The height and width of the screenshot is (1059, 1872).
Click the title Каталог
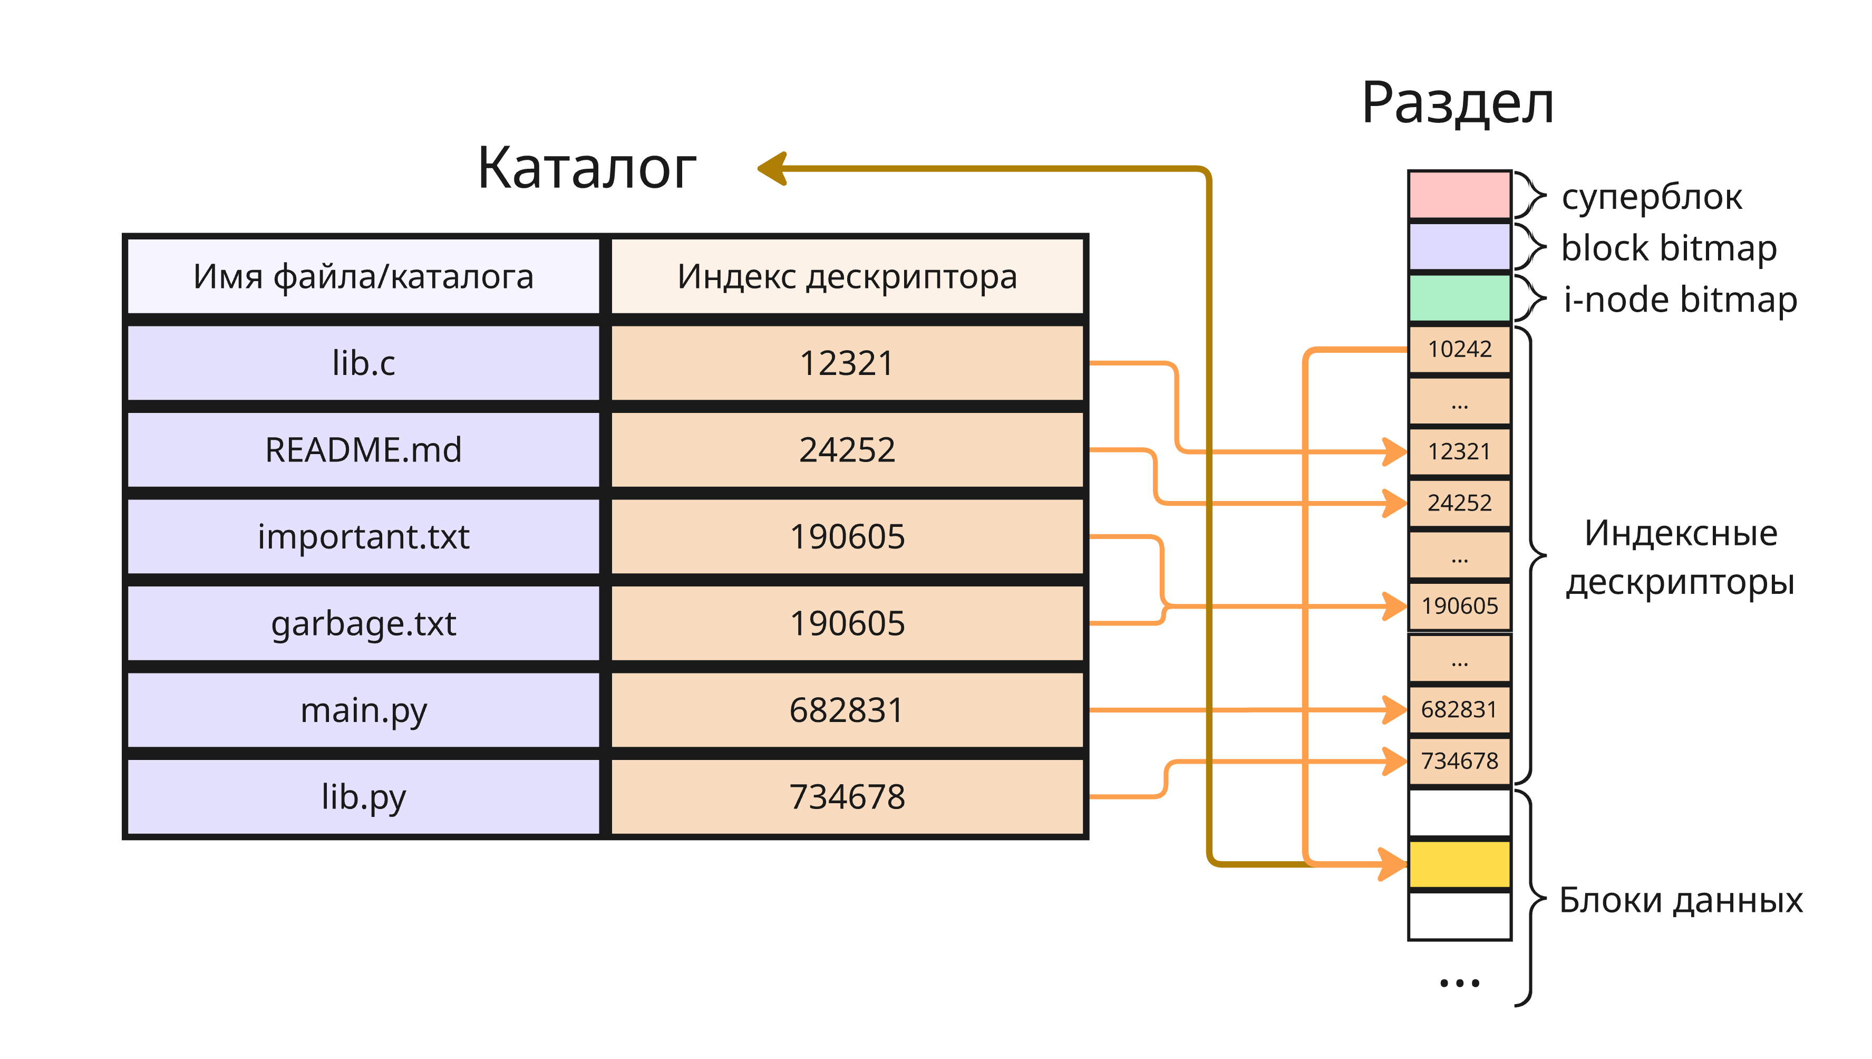(x=586, y=169)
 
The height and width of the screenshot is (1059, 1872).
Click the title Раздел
(x=1457, y=103)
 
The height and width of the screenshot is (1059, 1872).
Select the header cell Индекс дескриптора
(x=847, y=276)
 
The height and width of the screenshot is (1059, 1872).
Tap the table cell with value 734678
(x=847, y=796)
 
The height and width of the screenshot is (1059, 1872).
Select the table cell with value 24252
(x=847, y=449)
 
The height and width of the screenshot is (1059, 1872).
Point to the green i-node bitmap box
(x=1459, y=297)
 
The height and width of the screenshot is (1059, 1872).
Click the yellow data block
(x=1459, y=864)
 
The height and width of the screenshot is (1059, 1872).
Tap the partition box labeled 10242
(x=1459, y=349)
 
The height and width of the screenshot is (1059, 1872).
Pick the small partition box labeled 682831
(x=1459, y=709)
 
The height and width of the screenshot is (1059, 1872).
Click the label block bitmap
(x=1669, y=248)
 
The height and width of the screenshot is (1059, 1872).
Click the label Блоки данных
(x=1681, y=900)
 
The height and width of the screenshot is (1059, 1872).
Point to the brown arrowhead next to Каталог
(x=773, y=169)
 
